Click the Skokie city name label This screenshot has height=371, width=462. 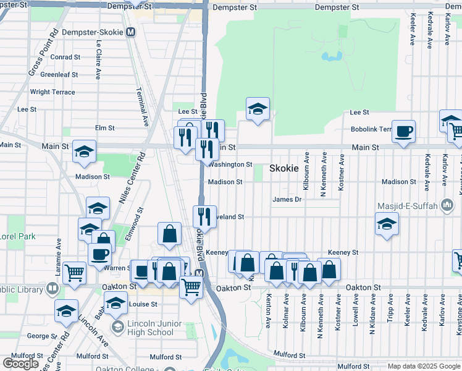pos(284,168)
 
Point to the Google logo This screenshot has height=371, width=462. pos(20,364)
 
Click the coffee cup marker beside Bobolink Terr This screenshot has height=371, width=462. pos(403,132)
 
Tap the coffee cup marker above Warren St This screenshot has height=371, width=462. pos(99,254)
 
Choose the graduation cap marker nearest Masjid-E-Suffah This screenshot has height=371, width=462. pos(387,223)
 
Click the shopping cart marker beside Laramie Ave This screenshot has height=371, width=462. pos(74,272)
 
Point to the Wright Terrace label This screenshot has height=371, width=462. pos(52,92)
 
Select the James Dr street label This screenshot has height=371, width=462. pos(287,199)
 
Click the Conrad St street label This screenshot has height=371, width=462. pos(65,57)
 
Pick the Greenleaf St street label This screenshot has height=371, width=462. pos(59,74)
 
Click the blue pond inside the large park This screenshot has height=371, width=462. pos(332,57)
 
